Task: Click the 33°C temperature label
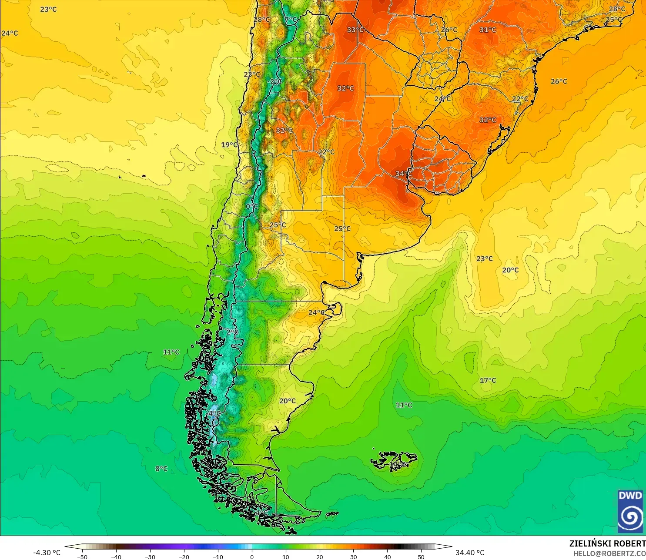[x=355, y=30]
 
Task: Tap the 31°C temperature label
[x=488, y=30]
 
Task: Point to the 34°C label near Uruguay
[x=403, y=174]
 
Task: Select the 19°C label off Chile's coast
[x=229, y=145]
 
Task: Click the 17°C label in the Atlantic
[x=488, y=380]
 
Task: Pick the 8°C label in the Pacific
[x=161, y=469]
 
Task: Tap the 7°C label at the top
[x=291, y=20]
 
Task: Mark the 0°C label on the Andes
[x=252, y=206]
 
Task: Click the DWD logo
[x=630, y=511]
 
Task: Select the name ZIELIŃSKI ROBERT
[x=607, y=543]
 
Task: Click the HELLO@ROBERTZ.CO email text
[x=609, y=553]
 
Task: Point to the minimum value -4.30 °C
[x=47, y=553]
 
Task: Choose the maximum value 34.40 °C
[x=470, y=553]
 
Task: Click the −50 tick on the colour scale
[x=82, y=557]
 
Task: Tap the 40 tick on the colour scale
[x=387, y=557]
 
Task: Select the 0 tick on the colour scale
[x=251, y=557]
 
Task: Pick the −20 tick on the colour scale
[x=184, y=557]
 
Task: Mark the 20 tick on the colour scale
[x=319, y=557]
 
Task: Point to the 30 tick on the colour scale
[x=353, y=557]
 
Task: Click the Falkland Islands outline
[x=394, y=460]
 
